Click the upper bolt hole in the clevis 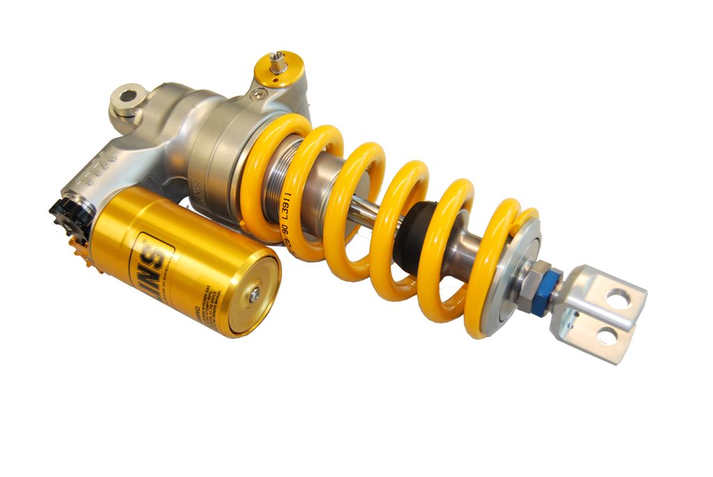[617, 299]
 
